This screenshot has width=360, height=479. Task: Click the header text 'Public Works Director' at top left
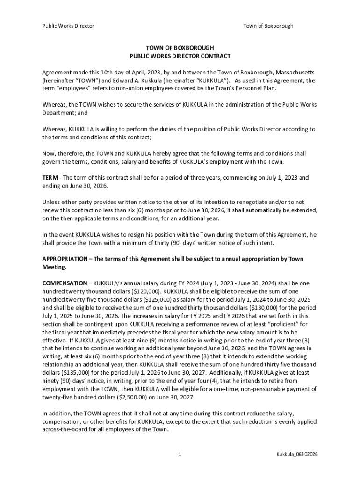68,26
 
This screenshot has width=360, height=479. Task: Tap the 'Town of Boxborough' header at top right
268,26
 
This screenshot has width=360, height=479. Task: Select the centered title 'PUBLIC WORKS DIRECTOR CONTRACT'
180,56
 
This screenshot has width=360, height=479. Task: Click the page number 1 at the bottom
180,454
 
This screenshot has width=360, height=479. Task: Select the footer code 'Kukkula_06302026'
297,454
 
